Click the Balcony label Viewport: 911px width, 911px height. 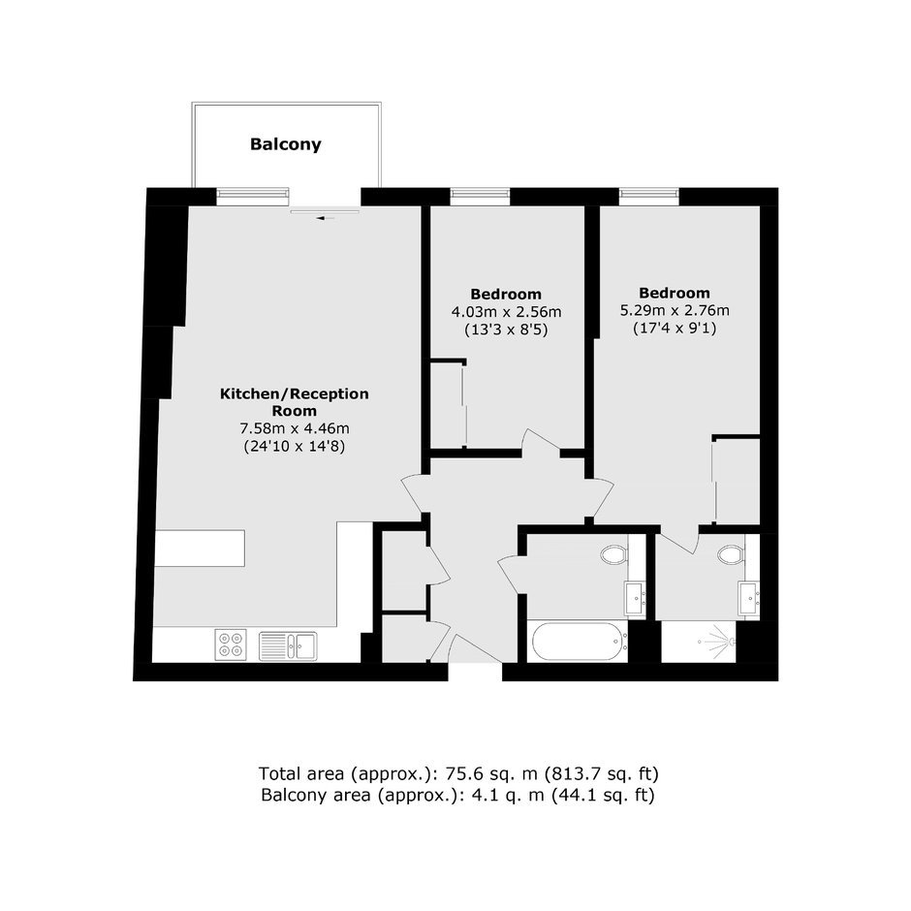[x=285, y=144]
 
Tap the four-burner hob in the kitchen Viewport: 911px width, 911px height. [x=230, y=644]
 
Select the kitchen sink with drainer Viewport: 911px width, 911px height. [x=288, y=645]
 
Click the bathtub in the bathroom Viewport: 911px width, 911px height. [x=580, y=642]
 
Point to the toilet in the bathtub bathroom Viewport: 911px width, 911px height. [x=614, y=555]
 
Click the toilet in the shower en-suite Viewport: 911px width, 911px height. [x=731, y=555]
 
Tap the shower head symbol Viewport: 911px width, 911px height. [x=719, y=642]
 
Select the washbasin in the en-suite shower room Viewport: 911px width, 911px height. [x=748, y=597]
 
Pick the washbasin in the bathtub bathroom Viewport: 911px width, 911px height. [x=635, y=597]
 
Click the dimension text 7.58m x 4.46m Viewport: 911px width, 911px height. [x=295, y=428]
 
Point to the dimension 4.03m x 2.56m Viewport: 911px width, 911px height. [x=507, y=312]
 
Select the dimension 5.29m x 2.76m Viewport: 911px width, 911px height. [x=675, y=310]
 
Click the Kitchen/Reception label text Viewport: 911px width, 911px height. [x=295, y=393]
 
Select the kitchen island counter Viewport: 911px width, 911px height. [x=200, y=548]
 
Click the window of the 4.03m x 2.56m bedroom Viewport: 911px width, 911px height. [x=480, y=197]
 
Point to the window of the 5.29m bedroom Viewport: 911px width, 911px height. [x=649, y=197]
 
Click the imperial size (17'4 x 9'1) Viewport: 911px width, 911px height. [x=675, y=329]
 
